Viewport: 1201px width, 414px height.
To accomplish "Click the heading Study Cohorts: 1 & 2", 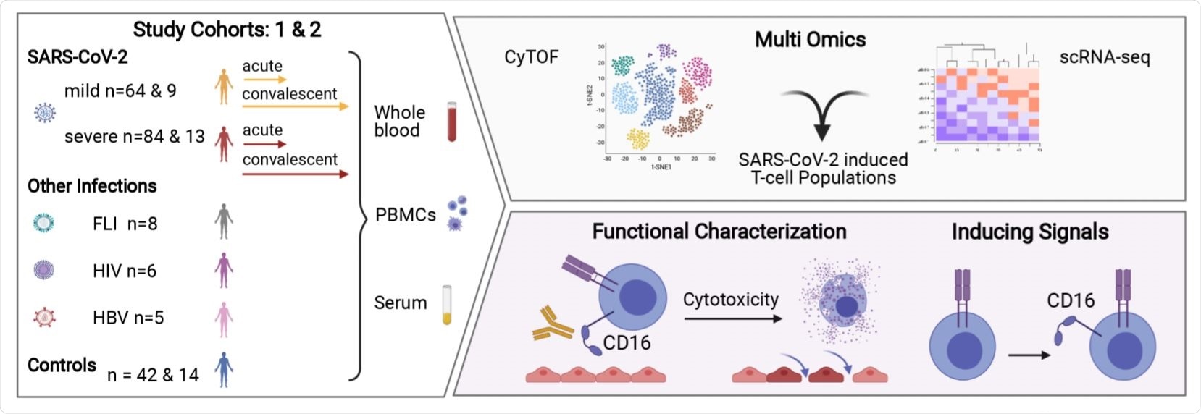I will click(227, 30).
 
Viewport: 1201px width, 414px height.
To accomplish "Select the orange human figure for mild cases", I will click(224, 86).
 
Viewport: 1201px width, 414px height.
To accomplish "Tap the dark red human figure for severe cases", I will click(224, 143).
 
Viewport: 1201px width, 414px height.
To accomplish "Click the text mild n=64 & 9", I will click(120, 91).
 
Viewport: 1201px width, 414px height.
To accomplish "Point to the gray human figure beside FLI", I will click(224, 221).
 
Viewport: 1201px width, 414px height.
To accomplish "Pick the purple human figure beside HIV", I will click(224, 270).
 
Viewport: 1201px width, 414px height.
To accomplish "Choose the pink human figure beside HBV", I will click(224, 319).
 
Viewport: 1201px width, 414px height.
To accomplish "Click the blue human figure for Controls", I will click(224, 370).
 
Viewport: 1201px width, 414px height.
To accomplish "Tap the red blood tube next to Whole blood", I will click(452, 122).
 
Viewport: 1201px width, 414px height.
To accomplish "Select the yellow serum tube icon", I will click(447, 305).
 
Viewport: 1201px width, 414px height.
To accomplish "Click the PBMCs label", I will click(406, 216).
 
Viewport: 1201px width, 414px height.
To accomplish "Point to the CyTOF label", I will click(532, 57).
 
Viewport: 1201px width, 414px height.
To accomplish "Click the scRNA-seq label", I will click(1104, 57).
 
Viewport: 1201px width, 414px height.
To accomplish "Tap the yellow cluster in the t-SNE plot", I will click(638, 138).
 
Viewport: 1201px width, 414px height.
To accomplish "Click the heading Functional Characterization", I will click(719, 232).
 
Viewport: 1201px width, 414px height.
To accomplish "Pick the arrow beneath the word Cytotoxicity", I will click(733, 318).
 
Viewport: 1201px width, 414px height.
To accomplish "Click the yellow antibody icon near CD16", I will click(553, 324).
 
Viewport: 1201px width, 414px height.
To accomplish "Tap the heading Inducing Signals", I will click(1029, 232).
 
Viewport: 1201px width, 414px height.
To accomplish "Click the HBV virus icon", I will click(45, 317).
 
